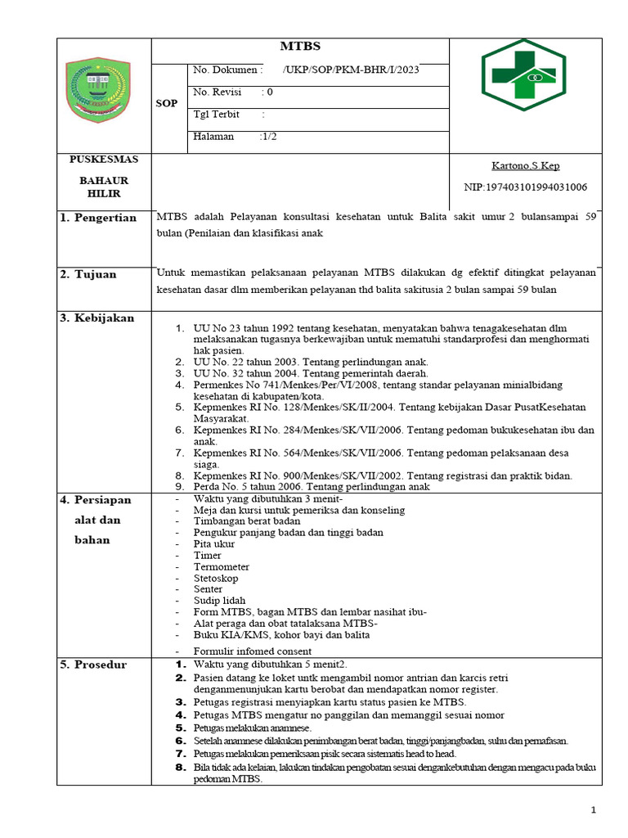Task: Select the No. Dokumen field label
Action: pyautogui.click(x=227, y=70)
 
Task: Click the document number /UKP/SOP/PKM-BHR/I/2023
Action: pyautogui.click(x=351, y=70)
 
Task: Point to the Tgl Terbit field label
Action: pyautogui.click(x=217, y=115)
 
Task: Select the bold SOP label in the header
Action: pyautogui.click(x=166, y=104)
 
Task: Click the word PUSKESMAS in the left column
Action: pyautogui.click(x=104, y=159)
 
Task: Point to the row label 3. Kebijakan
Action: pyautogui.click(x=96, y=318)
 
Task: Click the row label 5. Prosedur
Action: pyautogui.click(x=93, y=665)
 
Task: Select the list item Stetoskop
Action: pyautogui.click(x=216, y=578)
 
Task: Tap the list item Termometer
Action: pyautogui.click(x=222, y=566)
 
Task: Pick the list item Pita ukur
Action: pyautogui.click(x=214, y=543)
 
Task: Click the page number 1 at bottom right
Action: pyautogui.click(x=595, y=809)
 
